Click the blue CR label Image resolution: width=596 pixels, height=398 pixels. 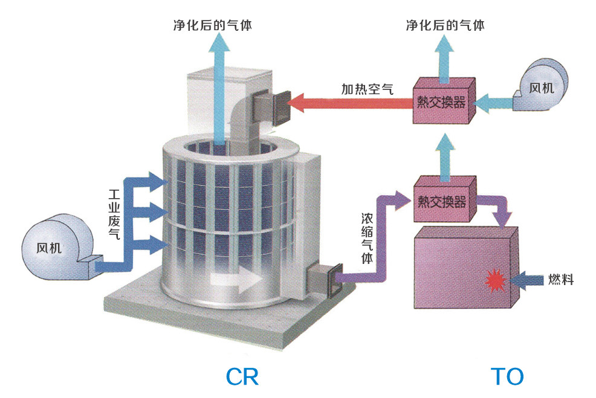coord(242,376)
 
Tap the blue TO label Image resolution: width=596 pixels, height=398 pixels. coord(507,376)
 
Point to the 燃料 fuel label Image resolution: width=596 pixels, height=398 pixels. coord(560,279)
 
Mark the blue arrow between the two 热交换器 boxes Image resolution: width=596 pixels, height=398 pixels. coord(445,154)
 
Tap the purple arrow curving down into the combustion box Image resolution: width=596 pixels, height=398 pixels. coord(499,211)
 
